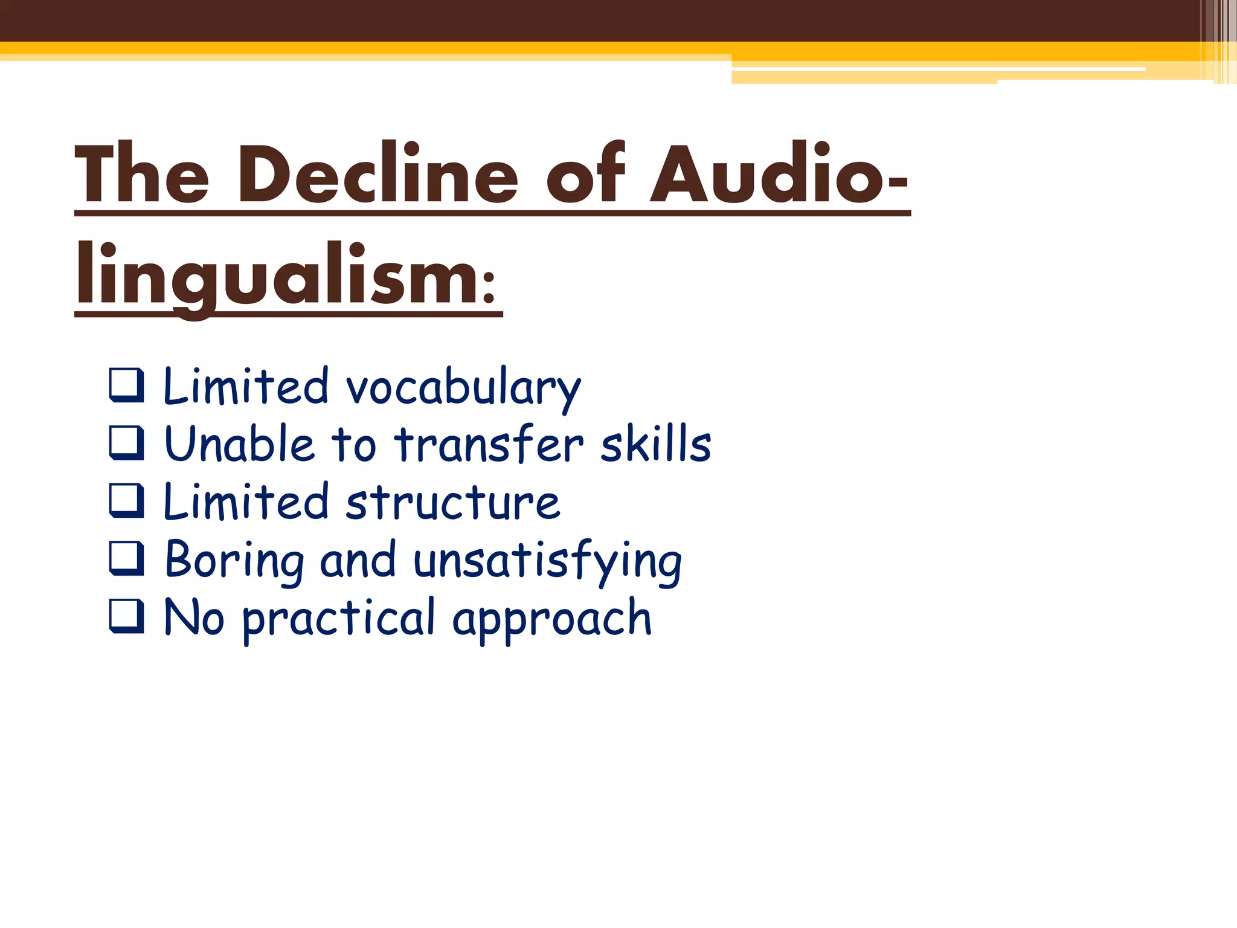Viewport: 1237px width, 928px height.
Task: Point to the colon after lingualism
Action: click(x=489, y=286)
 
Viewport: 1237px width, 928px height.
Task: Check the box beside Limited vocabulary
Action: click(x=127, y=385)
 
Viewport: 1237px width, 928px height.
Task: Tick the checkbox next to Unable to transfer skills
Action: click(x=127, y=443)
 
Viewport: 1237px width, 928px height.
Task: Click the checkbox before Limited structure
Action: click(x=127, y=500)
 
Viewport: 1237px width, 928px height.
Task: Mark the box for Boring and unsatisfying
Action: click(x=127, y=558)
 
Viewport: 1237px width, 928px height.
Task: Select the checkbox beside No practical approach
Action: click(x=127, y=616)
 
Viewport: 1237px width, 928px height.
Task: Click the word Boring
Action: click(x=234, y=561)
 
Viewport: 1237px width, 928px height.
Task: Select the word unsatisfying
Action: click(x=547, y=561)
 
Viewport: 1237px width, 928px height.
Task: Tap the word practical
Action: click(x=338, y=619)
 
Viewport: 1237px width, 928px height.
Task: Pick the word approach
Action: click(x=552, y=619)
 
